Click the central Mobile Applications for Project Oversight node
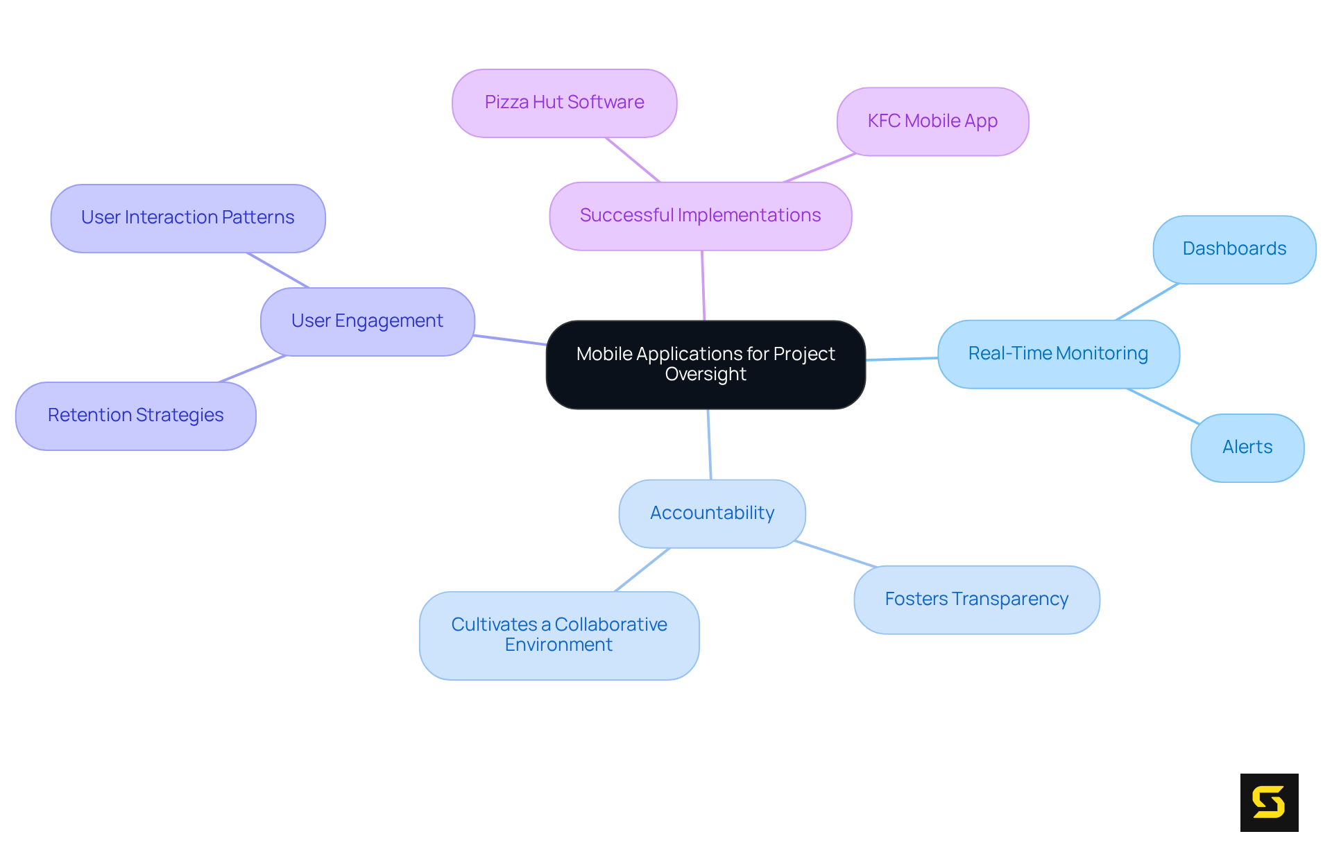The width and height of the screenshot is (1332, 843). tap(706, 364)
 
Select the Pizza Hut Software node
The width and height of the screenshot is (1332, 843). tap(564, 103)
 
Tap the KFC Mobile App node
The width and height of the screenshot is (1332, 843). tap(932, 121)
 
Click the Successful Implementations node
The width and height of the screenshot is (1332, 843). tap(700, 216)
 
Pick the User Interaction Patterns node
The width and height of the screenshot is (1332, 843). tap(187, 218)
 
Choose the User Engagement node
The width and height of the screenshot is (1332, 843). tap(367, 321)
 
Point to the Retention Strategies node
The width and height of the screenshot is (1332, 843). tap(135, 416)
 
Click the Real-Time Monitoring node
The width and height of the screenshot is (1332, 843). tap(1058, 354)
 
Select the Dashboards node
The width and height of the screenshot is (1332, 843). tap(1234, 249)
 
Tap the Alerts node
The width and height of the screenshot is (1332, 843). tap(1247, 448)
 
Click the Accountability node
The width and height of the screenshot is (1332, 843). tap(712, 513)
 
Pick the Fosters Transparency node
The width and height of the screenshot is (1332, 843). tap(976, 599)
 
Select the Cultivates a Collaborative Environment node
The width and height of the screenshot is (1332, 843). tap(559, 635)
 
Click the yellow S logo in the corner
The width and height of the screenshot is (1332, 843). tap(1269, 802)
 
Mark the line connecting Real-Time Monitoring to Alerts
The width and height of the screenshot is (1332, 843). tap(1163, 406)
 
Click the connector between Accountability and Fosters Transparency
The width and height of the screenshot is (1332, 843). tap(836, 554)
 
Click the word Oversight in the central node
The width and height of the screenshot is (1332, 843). tap(706, 375)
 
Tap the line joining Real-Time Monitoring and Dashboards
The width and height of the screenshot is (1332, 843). tap(1147, 302)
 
